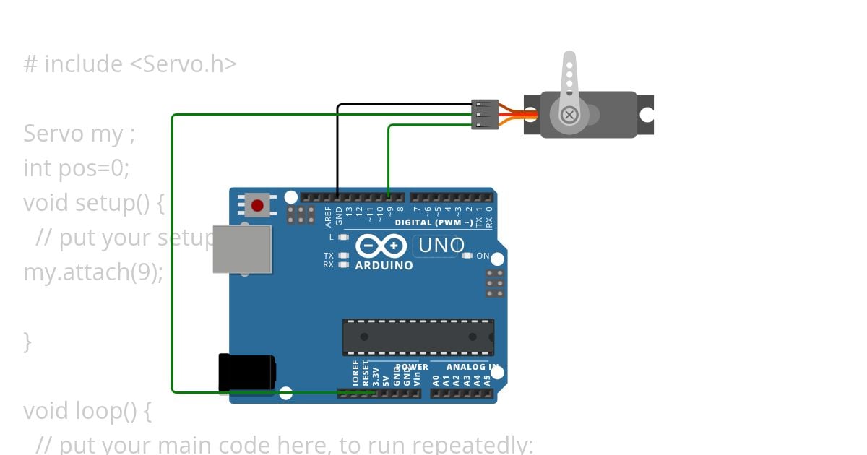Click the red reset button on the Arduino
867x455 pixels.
pos(257,205)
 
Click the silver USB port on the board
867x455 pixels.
pos(242,249)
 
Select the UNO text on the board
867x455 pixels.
pos(441,246)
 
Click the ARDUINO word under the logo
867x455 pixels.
pos(384,265)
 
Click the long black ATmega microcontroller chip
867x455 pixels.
pos(418,337)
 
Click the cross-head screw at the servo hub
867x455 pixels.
pos(570,114)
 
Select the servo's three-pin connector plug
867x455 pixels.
pos(485,115)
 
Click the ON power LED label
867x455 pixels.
pos(483,256)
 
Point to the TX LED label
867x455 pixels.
pos(329,256)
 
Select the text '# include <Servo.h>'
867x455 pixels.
pos(130,64)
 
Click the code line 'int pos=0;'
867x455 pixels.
pos(76,168)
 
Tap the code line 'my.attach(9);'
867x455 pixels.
pos(93,272)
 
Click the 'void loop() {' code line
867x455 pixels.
pos(87,411)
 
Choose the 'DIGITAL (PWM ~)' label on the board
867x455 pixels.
pos(433,222)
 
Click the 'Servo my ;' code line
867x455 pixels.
pos(79,134)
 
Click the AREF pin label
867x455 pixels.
pos(329,214)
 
